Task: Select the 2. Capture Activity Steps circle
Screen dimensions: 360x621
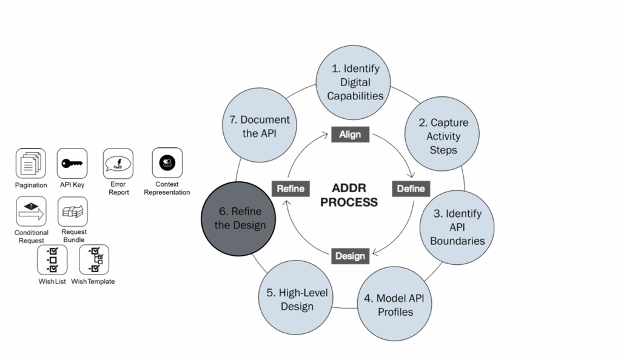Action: (x=443, y=136)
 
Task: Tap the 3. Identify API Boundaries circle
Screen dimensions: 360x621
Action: (x=457, y=227)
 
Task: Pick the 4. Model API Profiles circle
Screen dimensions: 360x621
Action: (x=395, y=305)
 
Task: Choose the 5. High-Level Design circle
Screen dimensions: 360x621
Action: (x=297, y=299)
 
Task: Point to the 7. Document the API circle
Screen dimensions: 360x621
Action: (x=260, y=126)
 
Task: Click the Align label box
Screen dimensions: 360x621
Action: (x=350, y=135)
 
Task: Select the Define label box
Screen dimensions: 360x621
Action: (x=411, y=188)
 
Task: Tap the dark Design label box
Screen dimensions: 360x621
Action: (x=350, y=255)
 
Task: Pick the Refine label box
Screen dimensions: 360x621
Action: (x=290, y=188)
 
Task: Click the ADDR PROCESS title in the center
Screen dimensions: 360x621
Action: (x=349, y=195)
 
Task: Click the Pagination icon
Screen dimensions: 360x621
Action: (x=31, y=164)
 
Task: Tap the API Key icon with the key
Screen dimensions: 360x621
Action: (x=72, y=164)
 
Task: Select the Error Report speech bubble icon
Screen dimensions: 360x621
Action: (x=118, y=164)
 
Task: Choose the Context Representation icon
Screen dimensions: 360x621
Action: (x=167, y=162)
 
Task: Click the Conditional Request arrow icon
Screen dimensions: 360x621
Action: (x=31, y=212)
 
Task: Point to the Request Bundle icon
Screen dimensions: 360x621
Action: (x=73, y=212)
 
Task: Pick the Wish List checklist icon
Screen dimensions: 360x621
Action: (x=52, y=259)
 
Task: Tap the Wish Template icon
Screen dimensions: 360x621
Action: (x=94, y=259)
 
